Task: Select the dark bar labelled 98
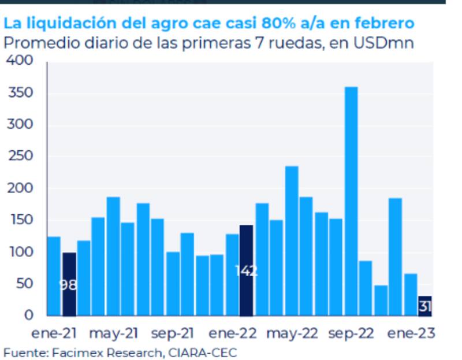(69, 284)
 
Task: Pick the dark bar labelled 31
(425, 306)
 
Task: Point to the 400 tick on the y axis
(22, 62)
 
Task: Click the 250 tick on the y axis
(22, 157)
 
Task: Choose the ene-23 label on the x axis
(411, 333)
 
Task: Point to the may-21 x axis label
(114, 333)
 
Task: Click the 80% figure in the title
(279, 24)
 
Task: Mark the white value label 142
(246, 270)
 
